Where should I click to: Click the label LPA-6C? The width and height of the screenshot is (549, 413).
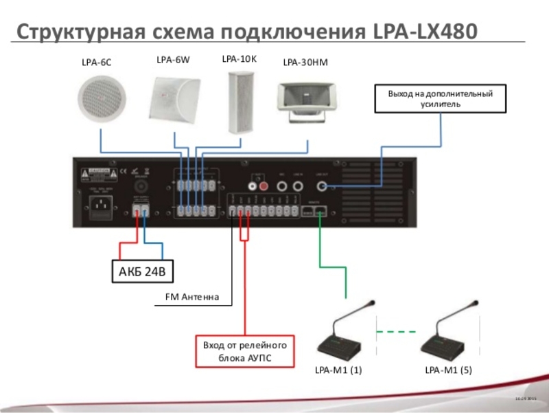(x=96, y=63)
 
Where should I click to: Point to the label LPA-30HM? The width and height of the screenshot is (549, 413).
(x=305, y=63)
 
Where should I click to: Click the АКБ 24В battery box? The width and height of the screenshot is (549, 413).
(x=142, y=271)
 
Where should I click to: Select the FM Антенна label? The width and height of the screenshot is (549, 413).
(x=192, y=298)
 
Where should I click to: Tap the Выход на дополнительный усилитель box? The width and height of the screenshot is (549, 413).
(x=441, y=98)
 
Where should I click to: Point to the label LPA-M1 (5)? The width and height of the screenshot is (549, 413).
(x=448, y=370)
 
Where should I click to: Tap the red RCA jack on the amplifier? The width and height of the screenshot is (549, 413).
(x=261, y=185)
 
